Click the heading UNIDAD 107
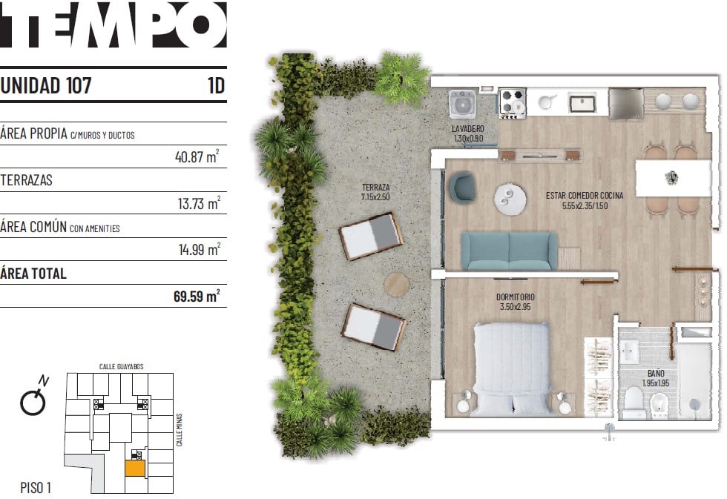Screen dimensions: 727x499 (x=46, y=86)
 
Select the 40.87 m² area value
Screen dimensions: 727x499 (x=197, y=156)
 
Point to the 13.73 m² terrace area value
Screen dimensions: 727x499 (x=199, y=203)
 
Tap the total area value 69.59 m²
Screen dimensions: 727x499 (x=197, y=296)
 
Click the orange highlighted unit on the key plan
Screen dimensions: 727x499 (x=135, y=468)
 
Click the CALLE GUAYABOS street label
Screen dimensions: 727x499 (x=122, y=366)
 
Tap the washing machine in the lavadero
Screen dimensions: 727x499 (x=461, y=103)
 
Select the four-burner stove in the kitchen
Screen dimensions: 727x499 (x=513, y=102)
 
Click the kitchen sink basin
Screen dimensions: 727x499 (x=582, y=104)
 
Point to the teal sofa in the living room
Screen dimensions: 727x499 (x=509, y=251)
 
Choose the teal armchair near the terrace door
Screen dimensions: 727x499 (x=461, y=187)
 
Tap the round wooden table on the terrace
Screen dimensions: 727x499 (x=396, y=284)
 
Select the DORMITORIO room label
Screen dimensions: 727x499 (x=515, y=297)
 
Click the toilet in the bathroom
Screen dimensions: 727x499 (x=633, y=401)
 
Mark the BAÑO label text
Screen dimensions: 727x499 (x=656, y=374)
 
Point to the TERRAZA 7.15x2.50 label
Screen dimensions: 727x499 (x=375, y=192)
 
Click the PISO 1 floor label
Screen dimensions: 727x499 (x=36, y=487)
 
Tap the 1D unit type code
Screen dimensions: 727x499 (x=216, y=86)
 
